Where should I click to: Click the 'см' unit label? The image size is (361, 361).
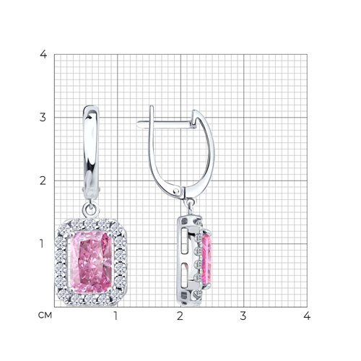45,315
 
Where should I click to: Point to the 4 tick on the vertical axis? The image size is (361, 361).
43,54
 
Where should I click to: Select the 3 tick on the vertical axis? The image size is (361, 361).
43,118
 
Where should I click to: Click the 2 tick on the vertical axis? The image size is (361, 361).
43,180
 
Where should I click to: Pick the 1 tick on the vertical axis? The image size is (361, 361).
42,244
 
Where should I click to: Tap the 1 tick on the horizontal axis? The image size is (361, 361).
116,316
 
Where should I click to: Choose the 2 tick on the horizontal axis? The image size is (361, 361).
180,316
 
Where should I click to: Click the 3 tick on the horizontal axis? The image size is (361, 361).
243,316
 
